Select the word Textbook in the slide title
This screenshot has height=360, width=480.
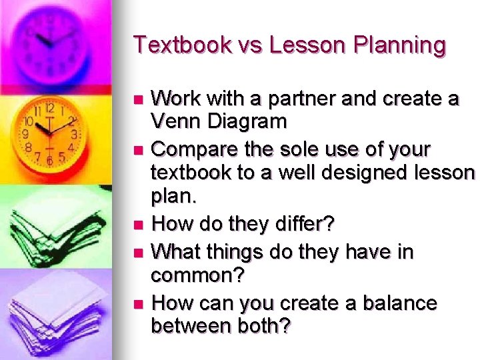coord(175,45)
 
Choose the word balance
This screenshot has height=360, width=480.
coord(399,303)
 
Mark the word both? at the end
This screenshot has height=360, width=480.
coord(261,326)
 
